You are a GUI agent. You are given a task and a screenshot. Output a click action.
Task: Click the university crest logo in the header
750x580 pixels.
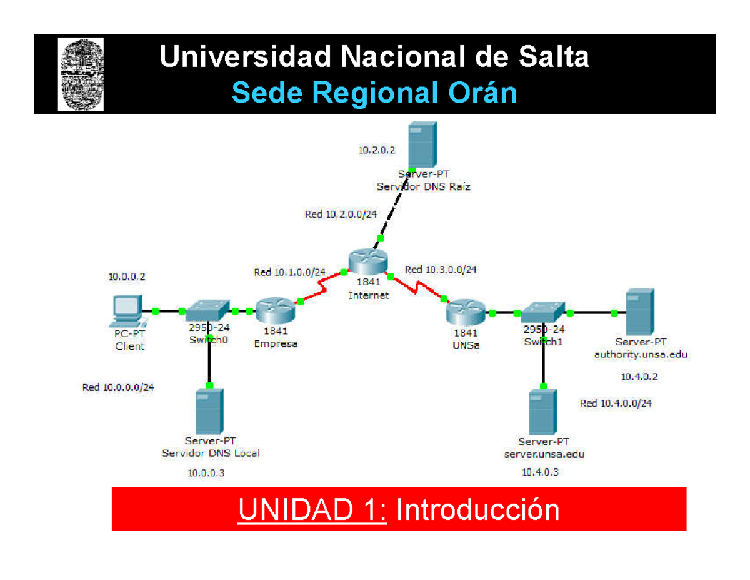(81, 73)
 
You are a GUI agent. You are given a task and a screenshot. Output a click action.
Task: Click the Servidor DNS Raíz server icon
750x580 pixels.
(421, 145)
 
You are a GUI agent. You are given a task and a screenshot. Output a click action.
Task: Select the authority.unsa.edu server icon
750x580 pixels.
(639, 311)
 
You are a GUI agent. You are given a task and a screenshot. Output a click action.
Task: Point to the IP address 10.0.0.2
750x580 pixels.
(127, 276)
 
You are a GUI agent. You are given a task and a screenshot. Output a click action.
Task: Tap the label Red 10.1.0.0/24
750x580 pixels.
(289, 272)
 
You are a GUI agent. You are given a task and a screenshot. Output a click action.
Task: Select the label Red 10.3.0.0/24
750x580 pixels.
(441, 270)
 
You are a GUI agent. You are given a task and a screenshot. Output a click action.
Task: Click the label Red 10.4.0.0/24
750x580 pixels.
(616, 404)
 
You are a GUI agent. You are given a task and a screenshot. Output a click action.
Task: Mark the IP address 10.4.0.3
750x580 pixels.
(540, 473)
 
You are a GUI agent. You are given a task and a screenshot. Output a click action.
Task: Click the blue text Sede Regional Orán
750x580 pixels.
(374, 94)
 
